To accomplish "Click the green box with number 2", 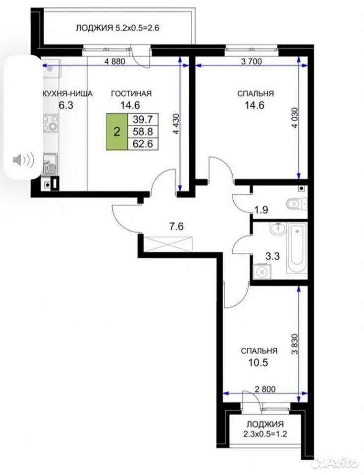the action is [x=117, y=132].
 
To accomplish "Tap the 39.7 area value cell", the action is [x=143, y=119].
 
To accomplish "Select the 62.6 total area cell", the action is [x=143, y=143].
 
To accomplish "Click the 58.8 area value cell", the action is [x=143, y=132].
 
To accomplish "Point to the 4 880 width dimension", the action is [x=115, y=61].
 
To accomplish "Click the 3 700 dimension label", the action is [x=251, y=61].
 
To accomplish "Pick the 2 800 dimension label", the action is [x=265, y=389].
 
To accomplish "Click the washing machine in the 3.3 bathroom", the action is [x=261, y=272].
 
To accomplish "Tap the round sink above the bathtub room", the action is [x=277, y=229].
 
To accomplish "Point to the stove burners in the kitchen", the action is [x=50, y=123].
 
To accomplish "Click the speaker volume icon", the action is [x=23, y=160].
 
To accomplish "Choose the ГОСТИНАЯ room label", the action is [x=131, y=94].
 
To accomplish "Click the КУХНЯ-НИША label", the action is [x=67, y=94].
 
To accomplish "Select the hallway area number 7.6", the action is [x=176, y=227].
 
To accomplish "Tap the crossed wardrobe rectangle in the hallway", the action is [x=168, y=243].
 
